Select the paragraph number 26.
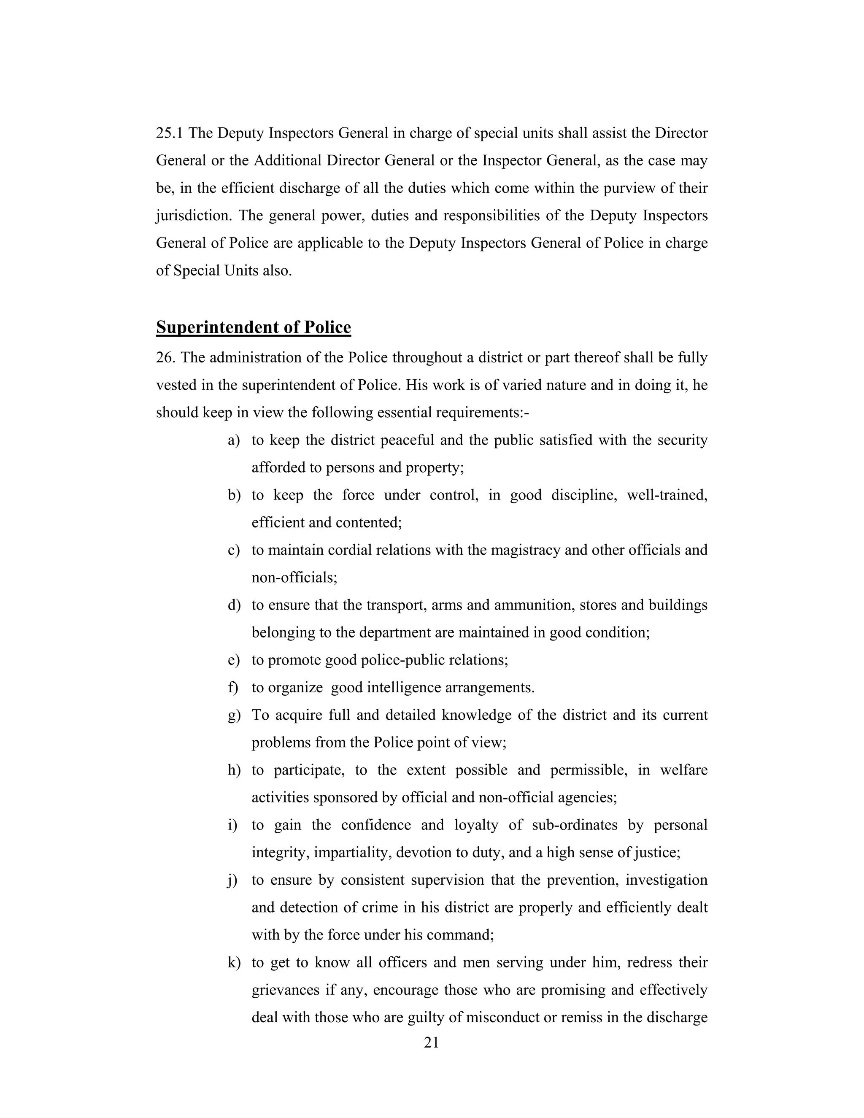(165, 357)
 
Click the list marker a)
(233, 440)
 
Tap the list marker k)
(234, 963)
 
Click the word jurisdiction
(192, 216)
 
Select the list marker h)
(234, 770)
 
